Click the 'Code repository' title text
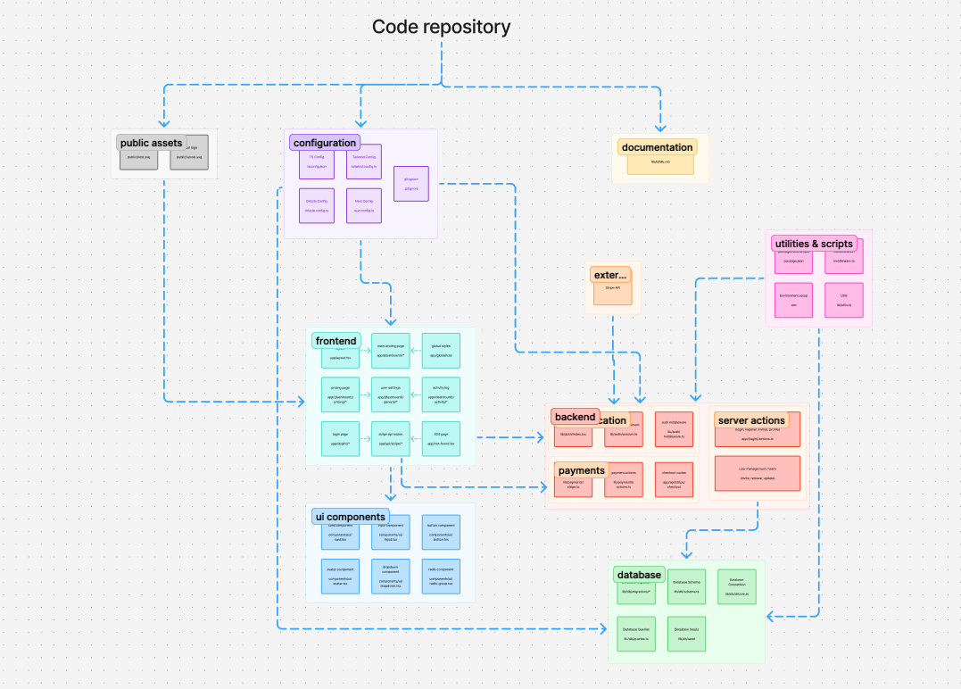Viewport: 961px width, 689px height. pyautogui.click(x=441, y=27)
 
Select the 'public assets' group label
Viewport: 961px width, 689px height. pyautogui.click(x=151, y=143)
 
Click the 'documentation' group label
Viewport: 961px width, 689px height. pyautogui.click(x=658, y=147)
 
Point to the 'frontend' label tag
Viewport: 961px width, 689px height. pyautogui.click(x=336, y=341)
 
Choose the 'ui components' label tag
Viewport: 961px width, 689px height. pyautogui.click(x=351, y=517)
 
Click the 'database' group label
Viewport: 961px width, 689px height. pyautogui.click(x=639, y=575)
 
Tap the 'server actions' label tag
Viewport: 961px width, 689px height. pyautogui.click(x=750, y=420)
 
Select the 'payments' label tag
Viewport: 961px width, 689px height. pyautogui.click(x=582, y=470)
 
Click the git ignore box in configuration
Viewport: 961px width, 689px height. pyautogui.click(x=410, y=184)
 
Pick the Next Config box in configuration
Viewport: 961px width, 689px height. pyautogui.click(x=363, y=206)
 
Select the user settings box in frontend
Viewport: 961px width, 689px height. pyautogui.click(x=391, y=394)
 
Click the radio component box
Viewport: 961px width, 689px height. pyautogui.click(x=441, y=577)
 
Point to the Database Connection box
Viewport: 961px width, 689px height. pyautogui.click(x=737, y=586)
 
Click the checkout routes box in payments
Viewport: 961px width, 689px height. pyautogui.click(x=674, y=479)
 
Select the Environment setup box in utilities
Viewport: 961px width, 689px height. pyautogui.click(x=793, y=300)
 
